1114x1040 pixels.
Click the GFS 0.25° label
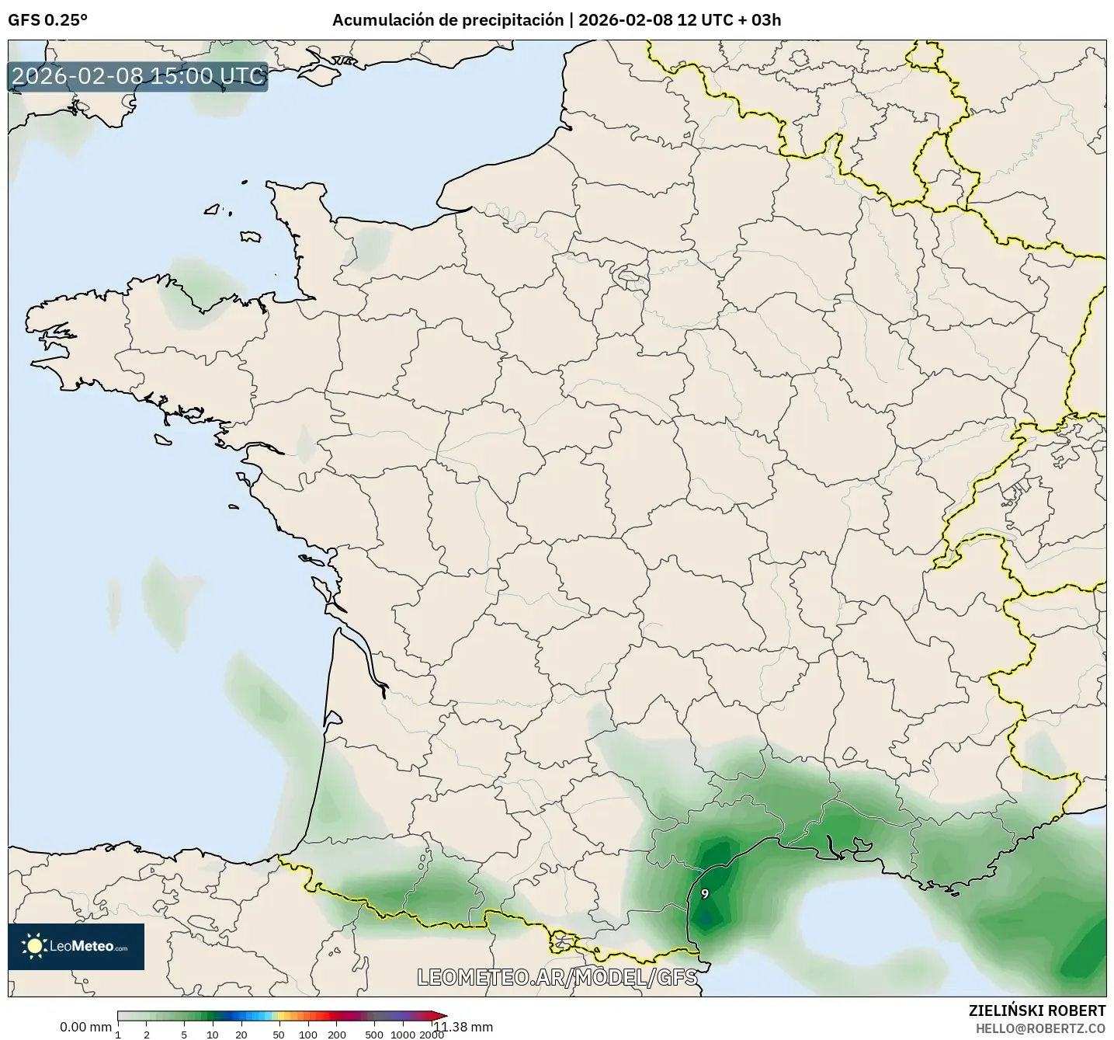click(47, 20)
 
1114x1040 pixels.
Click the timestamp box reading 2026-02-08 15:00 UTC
click(138, 76)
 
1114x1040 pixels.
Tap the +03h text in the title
click(761, 20)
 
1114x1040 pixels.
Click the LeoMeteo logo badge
click(76, 946)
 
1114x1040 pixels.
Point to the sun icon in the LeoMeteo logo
click(34, 945)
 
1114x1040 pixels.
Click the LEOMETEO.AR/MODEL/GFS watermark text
click(557, 977)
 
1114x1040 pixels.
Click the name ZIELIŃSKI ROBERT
click(1037, 1010)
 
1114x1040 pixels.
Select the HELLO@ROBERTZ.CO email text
click(1040, 1028)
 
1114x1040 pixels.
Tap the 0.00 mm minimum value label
click(85, 1027)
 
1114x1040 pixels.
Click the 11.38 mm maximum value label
click(463, 1027)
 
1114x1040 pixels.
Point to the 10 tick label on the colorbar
click(213, 1035)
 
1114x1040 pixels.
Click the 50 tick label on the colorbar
click(279, 1035)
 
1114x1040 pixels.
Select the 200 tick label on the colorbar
click(336, 1035)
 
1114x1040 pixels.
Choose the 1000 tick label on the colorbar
click(402, 1035)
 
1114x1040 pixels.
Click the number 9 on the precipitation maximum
click(705, 894)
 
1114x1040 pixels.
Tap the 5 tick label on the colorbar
click(184, 1035)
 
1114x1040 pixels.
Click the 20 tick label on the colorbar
click(241, 1035)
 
